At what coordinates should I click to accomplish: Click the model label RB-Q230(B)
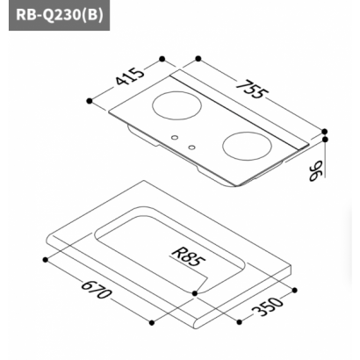tap(60, 15)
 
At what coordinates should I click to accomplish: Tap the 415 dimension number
tap(130, 76)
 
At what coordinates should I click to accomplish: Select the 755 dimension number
tap(252, 89)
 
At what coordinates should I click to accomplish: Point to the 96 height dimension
tap(316, 170)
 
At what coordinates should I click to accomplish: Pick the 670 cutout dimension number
tap(97, 290)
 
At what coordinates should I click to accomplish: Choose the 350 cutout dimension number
tap(268, 306)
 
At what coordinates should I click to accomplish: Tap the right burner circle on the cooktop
tap(247, 147)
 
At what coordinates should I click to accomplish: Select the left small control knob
tap(175, 137)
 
